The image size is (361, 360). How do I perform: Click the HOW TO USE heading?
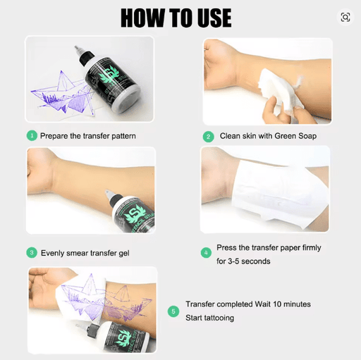point(176,17)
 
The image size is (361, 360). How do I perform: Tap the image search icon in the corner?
point(345,18)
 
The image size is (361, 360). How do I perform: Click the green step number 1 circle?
point(32,135)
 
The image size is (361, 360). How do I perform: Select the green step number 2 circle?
point(208,137)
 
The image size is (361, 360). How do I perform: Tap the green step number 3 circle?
point(32,252)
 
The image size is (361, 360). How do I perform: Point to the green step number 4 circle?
point(206,252)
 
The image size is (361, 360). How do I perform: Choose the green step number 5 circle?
point(173,310)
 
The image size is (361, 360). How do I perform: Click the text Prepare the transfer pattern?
point(87,135)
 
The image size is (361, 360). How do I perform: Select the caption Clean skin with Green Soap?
point(267,137)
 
